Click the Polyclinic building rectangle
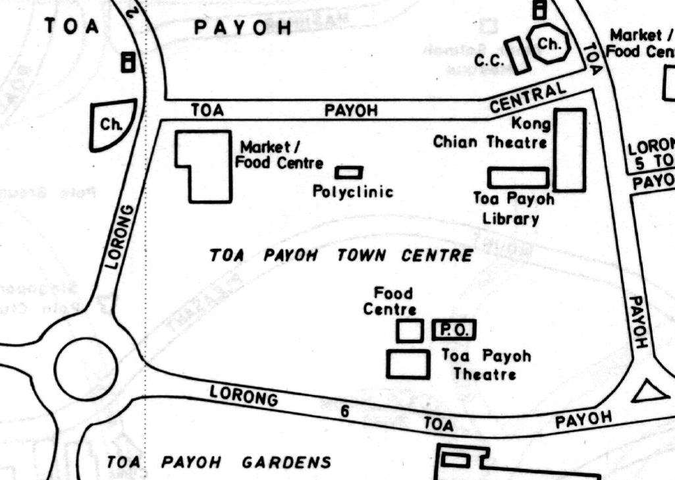click(349, 173)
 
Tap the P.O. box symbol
click(454, 330)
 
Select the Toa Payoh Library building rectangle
click(518, 177)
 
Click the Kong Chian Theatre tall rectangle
click(570, 150)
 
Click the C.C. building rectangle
click(518, 56)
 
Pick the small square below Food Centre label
click(410, 330)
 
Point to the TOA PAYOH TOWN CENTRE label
click(340, 255)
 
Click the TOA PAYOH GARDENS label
click(219, 462)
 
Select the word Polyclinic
click(353, 192)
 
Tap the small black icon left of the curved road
click(127, 62)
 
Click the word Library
click(511, 219)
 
